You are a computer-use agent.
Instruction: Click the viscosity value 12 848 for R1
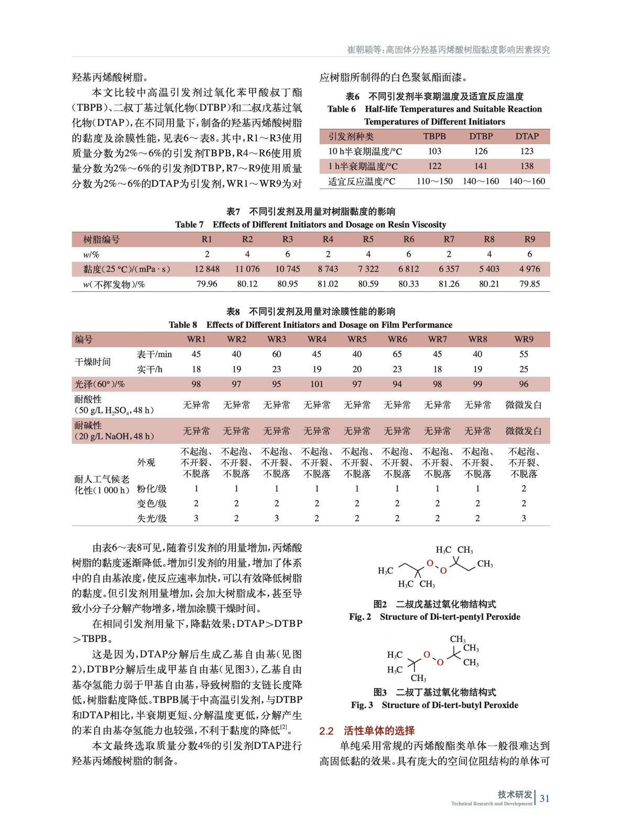pyautogui.click(x=207, y=269)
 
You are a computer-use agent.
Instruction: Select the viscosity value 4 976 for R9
pyautogui.click(x=529, y=269)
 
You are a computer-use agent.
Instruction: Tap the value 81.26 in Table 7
pyautogui.click(x=449, y=284)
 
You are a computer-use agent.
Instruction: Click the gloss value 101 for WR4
pyautogui.click(x=317, y=384)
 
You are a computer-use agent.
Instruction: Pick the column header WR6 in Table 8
pyautogui.click(x=397, y=339)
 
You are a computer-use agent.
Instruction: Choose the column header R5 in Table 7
pyautogui.click(x=368, y=239)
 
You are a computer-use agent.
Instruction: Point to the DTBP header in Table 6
pyautogui.click(x=481, y=136)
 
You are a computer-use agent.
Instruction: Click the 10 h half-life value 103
pyautogui.click(x=434, y=151)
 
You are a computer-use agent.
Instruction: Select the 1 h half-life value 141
pyautogui.click(x=481, y=166)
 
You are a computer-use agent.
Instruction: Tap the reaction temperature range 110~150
pyautogui.click(x=434, y=181)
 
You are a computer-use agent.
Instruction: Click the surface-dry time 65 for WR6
pyautogui.click(x=397, y=354)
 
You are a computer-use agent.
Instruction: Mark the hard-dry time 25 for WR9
pyautogui.click(x=523, y=369)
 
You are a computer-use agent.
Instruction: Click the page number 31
pyautogui.click(x=544, y=798)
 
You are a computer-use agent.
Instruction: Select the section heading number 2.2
pyautogui.click(x=326, y=731)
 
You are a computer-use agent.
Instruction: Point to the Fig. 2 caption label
pyautogui.click(x=360, y=617)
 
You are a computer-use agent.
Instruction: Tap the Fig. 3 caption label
pyautogui.click(x=362, y=705)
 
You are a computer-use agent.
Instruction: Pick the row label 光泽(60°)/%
pyautogui.click(x=100, y=384)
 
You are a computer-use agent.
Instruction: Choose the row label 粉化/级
pyautogui.click(x=151, y=489)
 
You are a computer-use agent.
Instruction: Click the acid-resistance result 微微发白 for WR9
pyautogui.click(x=523, y=405)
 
